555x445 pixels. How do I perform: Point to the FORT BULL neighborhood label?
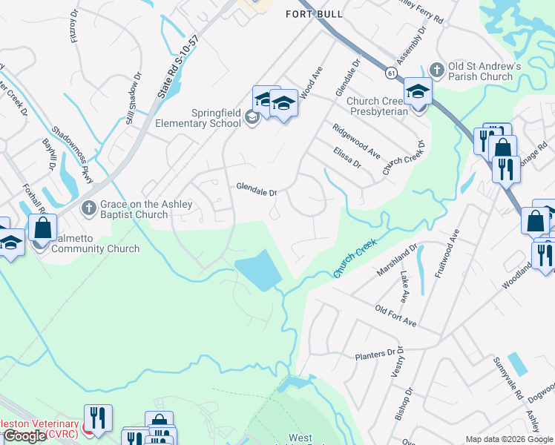[315, 14]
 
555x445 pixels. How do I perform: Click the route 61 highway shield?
[390, 73]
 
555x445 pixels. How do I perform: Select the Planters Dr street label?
[378, 356]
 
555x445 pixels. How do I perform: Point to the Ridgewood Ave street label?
[356, 135]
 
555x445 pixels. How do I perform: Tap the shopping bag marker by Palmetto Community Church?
[43, 227]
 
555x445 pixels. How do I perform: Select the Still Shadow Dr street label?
[134, 98]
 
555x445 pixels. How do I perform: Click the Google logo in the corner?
[24, 436]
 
